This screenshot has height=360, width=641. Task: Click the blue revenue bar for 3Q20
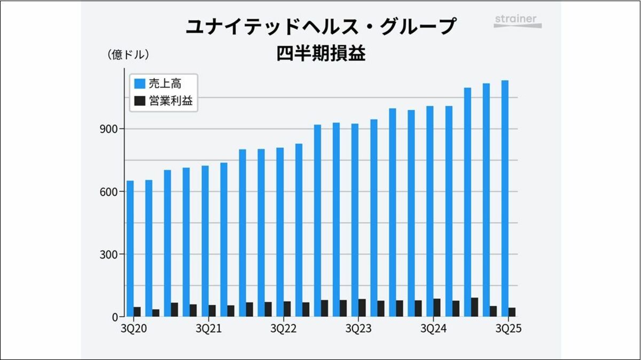[130, 248]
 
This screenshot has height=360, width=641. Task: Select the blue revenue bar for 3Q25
[505, 198]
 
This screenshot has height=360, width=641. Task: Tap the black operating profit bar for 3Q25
[512, 312]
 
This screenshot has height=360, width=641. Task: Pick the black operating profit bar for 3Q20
[137, 311]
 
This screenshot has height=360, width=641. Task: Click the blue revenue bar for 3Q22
[280, 232]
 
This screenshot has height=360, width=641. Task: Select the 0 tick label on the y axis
[114, 317]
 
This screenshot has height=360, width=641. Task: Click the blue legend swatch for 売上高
[140, 84]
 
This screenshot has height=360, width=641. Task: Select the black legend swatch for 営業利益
[140, 101]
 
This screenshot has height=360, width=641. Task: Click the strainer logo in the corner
[517, 20]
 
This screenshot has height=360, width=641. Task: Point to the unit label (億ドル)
[128, 54]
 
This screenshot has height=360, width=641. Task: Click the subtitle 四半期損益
[320, 54]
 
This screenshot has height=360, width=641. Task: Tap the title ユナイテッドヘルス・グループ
[320, 27]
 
